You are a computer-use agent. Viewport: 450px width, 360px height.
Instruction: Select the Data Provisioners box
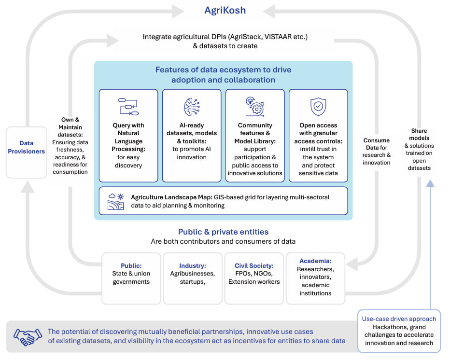(x=26, y=147)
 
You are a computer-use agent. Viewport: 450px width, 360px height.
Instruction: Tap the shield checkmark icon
(x=318, y=107)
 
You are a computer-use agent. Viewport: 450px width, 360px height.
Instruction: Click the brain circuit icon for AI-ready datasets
(x=191, y=107)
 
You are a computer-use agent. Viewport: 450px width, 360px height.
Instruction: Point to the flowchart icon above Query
(x=128, y=107)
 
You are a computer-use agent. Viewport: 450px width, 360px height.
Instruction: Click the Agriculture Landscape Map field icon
(x=116, y=201)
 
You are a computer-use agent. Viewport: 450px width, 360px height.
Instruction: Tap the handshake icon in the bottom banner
(x=28, y=336)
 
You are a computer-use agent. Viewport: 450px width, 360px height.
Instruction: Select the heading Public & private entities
(x=223, y=232)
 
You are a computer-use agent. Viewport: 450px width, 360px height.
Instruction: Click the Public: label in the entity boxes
(x=131, y=265)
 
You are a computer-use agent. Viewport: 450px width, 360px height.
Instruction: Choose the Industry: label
(x=192, y=265)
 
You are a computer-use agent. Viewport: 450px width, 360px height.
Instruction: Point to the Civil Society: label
(x=254, y=265)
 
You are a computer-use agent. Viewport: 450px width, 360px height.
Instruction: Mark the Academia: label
(x=315, y=261)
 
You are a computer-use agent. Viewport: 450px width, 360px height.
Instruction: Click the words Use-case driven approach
(x=399, y=318)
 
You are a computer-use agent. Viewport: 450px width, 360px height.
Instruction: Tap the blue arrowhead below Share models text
(x=430, y=182)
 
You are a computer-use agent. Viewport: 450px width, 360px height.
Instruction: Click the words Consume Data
(x=376, y=144)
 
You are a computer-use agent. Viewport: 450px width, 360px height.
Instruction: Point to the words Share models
(x=419, y=134)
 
